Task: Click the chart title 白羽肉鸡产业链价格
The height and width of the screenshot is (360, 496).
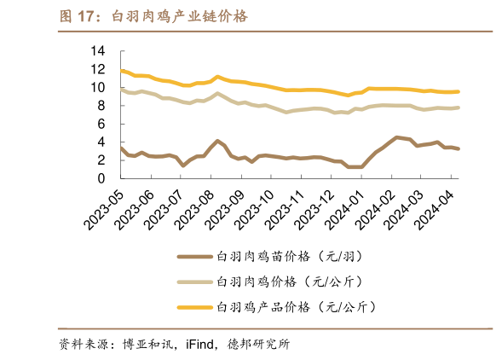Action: coord(180,16)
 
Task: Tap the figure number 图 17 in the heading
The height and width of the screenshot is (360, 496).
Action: coord(78,16)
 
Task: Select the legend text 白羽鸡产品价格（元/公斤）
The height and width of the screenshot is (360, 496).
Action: coord(291,306)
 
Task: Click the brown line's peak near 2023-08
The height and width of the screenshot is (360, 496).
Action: coord(218,141)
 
